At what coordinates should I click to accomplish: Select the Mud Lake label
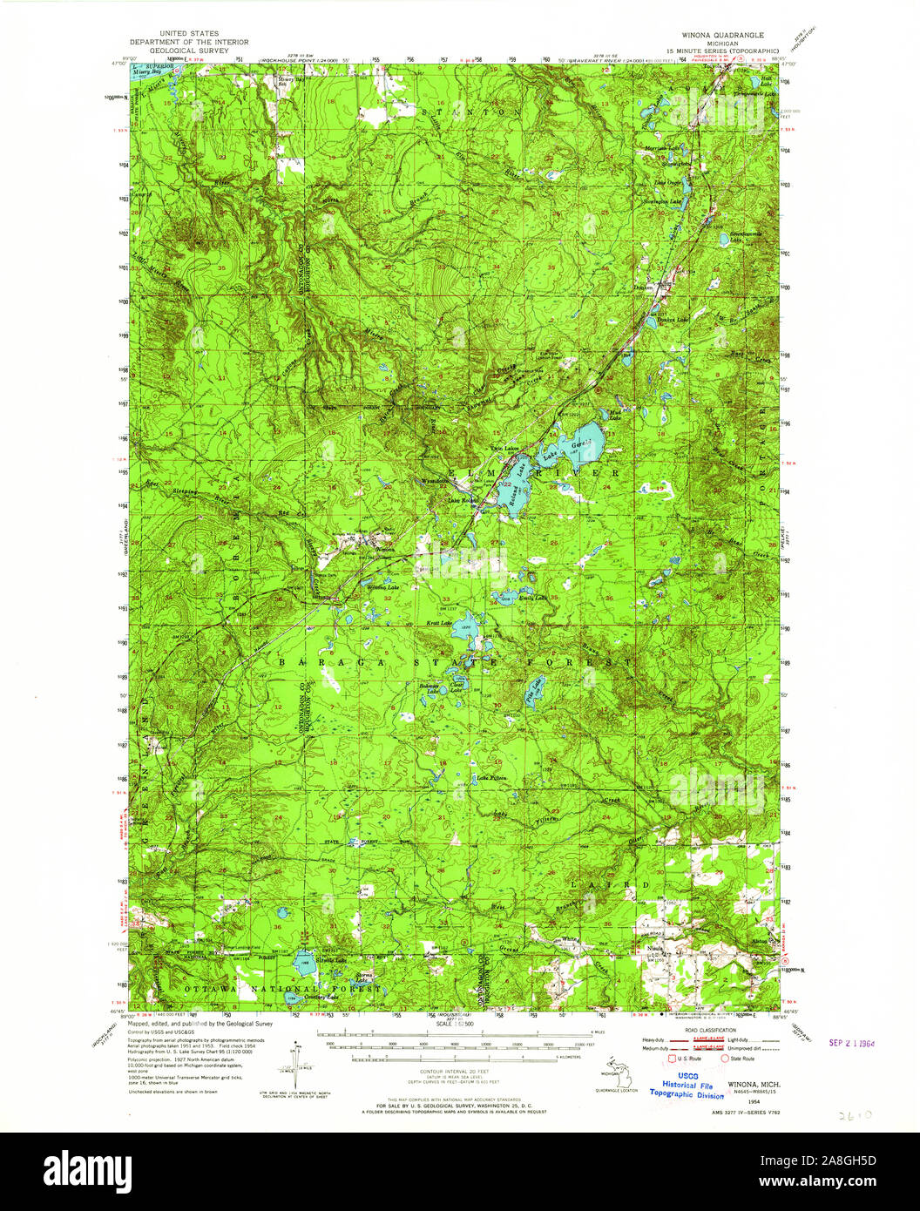(x=614, y=415)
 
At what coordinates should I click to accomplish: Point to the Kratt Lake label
(x=439, y=623)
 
